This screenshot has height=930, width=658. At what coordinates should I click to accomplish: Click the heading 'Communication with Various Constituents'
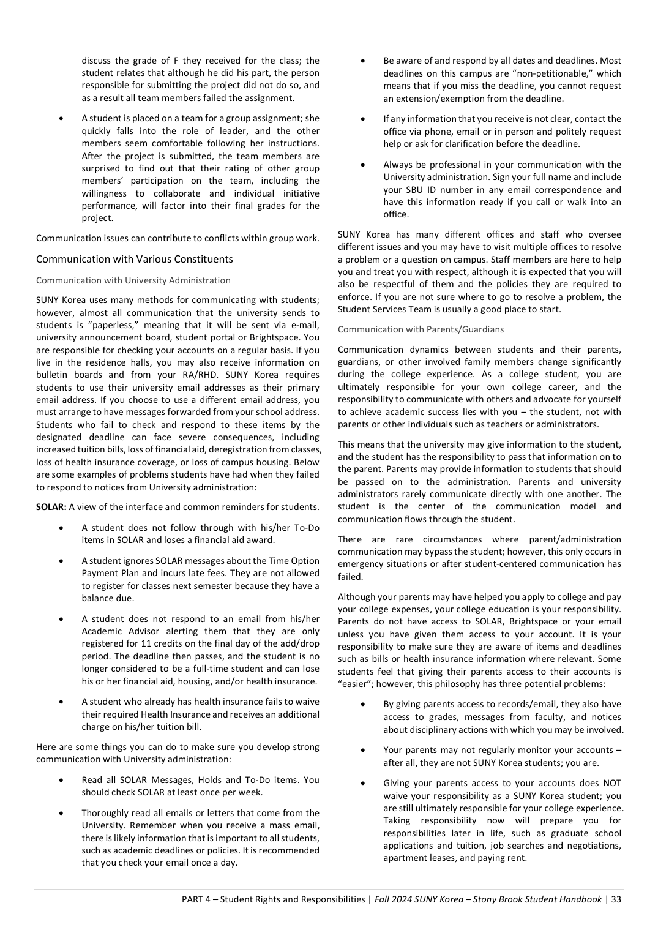[x=134, y=259]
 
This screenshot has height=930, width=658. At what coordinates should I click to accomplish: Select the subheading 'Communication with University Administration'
[x=133, y=280]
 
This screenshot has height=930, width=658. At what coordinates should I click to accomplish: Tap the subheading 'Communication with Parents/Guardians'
[x=421, y=329]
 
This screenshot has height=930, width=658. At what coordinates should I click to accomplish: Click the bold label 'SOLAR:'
[x=51, y=507]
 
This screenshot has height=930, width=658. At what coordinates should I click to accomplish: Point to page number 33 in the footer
[x=616, y=899]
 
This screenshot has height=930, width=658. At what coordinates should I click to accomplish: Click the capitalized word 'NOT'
[x=611, y=783]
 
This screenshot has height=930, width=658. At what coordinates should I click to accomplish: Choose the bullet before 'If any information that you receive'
[x=363, y=119]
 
